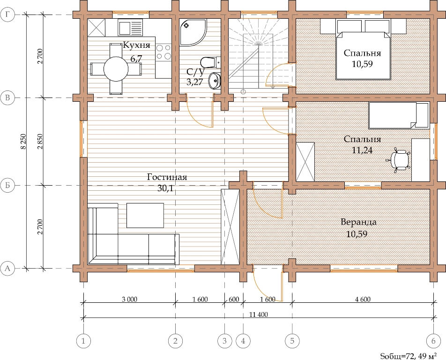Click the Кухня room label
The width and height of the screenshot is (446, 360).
[136, 45]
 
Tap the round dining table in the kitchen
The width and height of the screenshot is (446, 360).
[116, 68]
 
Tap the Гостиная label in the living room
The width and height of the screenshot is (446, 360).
[167, 177]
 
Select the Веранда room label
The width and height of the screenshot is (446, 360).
[358, 222]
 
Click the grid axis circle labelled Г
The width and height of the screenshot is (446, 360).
[7, 15]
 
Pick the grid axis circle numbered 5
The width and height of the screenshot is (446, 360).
[292, 341]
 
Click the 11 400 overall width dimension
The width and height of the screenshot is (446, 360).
[259, 315]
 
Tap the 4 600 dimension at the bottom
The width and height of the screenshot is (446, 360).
[363, 299]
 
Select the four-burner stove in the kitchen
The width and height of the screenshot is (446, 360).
[164, 52]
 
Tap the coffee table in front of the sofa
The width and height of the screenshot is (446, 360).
[145, 216]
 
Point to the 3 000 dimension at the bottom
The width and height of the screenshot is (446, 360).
[129, 299]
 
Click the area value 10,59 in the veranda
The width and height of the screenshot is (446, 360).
[357, 234]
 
